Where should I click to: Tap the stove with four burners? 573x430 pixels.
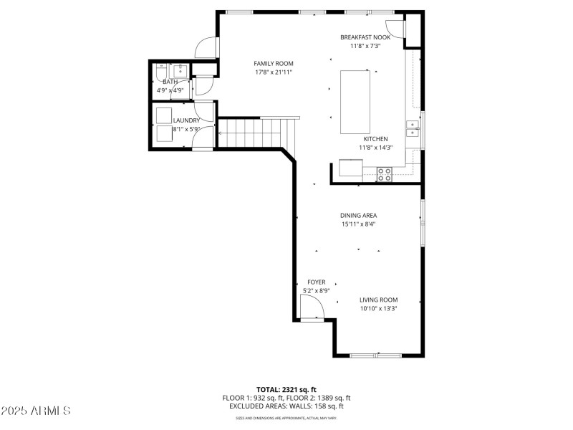tap(385, 172)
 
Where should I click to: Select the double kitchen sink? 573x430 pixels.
tap(413, 128)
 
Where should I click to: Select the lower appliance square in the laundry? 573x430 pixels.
tap(163, 133)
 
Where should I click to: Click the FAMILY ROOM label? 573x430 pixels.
tap(274, 64)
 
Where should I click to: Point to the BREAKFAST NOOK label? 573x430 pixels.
tap(365, 37)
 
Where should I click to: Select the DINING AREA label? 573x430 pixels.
tap(358, 215)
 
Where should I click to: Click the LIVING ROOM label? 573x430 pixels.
tap(379, 300)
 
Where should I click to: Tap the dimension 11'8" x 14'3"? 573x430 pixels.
tap(376, 148)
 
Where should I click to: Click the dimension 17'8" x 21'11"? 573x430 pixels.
tap(274, 72)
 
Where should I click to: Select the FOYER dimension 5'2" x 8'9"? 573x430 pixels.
tap(317, 291)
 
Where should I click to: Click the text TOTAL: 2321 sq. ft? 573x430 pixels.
tap(286, 389)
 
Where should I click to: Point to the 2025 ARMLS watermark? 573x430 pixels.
tap(36, 411)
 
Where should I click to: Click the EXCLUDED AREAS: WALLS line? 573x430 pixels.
tap(286, 406)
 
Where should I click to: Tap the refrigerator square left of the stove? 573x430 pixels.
tap(351, 168)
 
